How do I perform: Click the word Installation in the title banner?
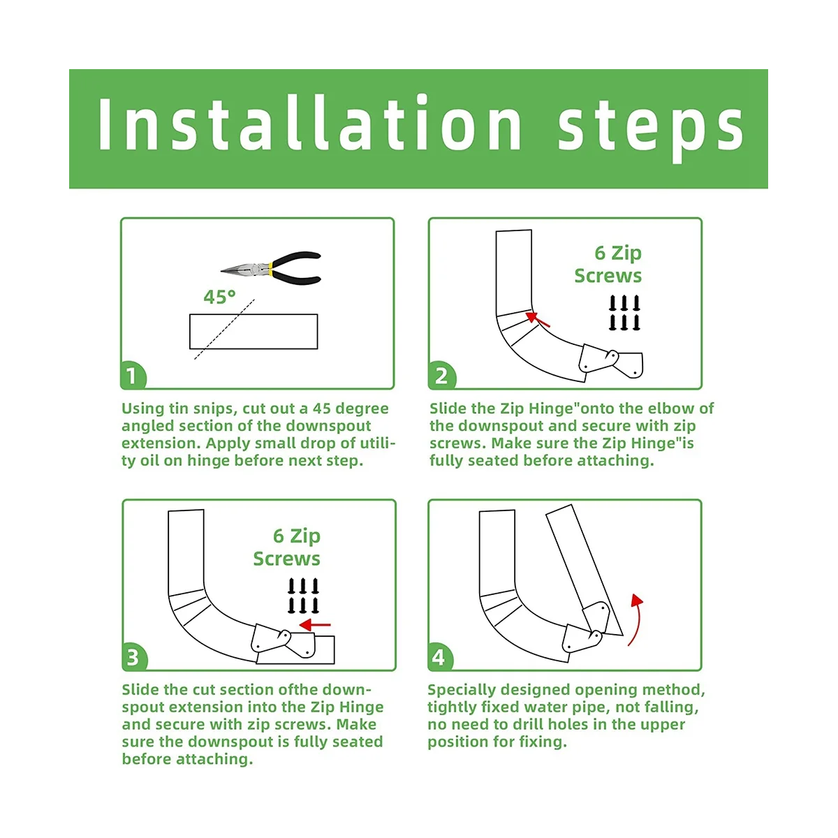point(309,123)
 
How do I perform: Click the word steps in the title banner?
point(649,128)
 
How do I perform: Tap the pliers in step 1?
point(271,268)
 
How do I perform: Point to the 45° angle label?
point(219,297)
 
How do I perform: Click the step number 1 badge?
point(133,375)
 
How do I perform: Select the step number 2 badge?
point(441,375)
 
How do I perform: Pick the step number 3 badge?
point(133,656)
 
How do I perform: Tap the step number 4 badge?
point(440,656)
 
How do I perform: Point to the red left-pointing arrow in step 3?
point(315,625)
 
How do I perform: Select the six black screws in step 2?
point(624,313)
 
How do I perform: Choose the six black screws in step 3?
point(303,596)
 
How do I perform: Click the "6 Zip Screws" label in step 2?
point(608,265)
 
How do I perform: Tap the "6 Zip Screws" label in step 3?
point(287,547)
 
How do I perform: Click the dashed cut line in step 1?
point(224,329)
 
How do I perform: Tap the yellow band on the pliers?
point(270,268)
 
